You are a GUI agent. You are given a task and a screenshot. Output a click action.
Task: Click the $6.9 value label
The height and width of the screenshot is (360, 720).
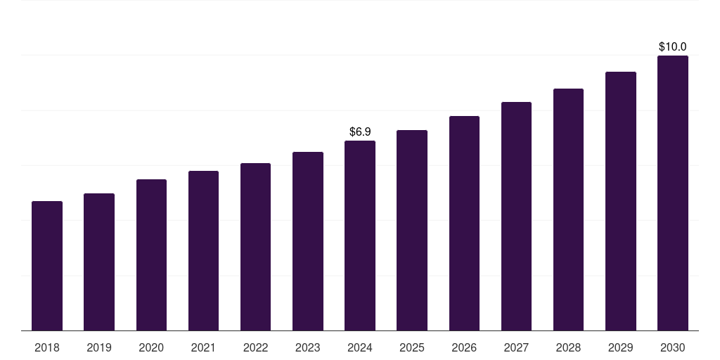[x=360, y=131]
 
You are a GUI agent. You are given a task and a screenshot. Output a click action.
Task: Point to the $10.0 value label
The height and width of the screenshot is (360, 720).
[x=673, y=46]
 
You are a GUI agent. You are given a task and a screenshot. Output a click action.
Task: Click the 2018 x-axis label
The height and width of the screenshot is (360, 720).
[x=47, y=347]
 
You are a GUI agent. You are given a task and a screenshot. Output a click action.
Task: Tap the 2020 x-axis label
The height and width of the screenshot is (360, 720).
[x=151, y=347]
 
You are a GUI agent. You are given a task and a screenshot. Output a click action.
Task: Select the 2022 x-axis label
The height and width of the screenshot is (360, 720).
[x=255, y=347]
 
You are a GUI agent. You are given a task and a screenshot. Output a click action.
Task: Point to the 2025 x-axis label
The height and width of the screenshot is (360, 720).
[x=412, y=347]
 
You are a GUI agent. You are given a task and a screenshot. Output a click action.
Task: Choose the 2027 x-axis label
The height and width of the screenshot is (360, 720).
[x=516, y=347]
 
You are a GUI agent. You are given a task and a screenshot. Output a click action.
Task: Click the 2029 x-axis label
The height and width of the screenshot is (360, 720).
[x=621, y=347]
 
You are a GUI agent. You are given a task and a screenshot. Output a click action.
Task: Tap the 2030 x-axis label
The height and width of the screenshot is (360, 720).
[x=673, y=347]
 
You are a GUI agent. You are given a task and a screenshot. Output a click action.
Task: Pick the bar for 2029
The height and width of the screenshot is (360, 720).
[x=621, y=201]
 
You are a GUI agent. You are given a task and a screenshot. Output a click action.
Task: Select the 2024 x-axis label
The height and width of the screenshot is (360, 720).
[x=360, y=347]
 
